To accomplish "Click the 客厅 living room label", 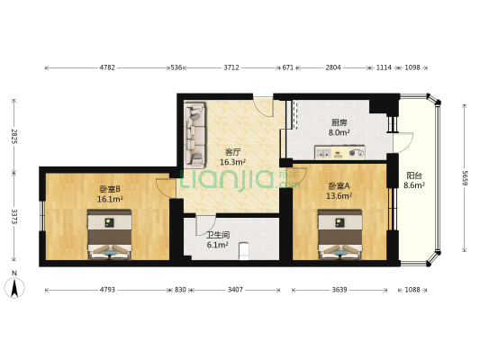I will [x=232, y=152].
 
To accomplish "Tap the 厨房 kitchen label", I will [x=339, y=122].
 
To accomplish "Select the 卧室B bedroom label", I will [x=110, y=189].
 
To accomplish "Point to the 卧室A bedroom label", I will [x=339, y=185].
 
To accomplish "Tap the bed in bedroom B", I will [x=109, y=235].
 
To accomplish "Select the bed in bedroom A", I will [x=340, y=234].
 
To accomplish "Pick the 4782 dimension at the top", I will [x=107, y=67].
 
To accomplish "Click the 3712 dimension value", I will [x=231, y=67].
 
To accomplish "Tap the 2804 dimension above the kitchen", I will [x=333, y=67].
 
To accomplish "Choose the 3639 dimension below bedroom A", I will [x=340, y=290].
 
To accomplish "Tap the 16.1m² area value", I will [x=110, y=199].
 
